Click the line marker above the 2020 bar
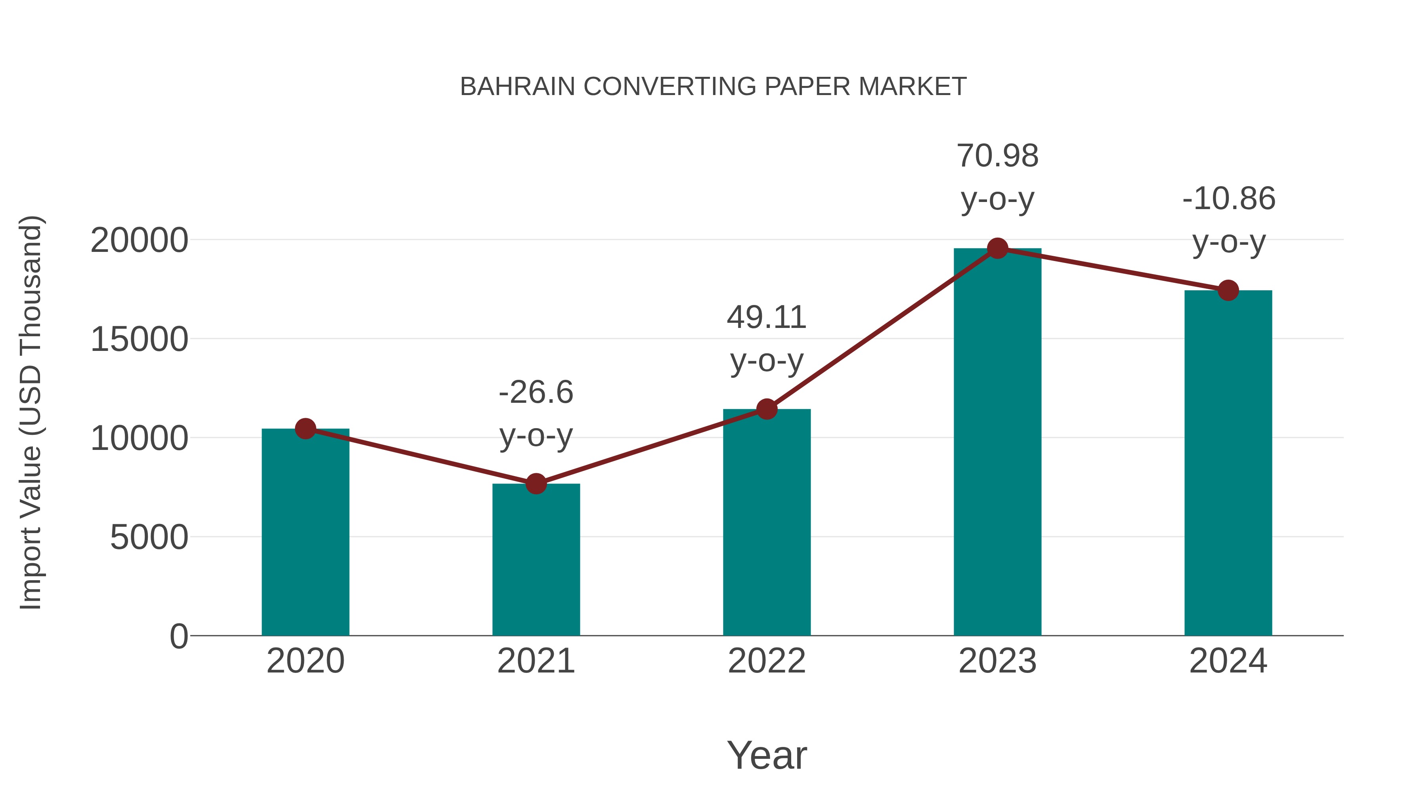305,429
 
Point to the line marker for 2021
536,484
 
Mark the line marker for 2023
997,248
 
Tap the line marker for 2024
1228,290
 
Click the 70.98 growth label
997,156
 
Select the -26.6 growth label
536,392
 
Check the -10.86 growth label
1228,199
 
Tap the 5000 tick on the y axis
149,537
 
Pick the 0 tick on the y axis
179,636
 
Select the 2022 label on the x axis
767,661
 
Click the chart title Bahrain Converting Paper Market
713,86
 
